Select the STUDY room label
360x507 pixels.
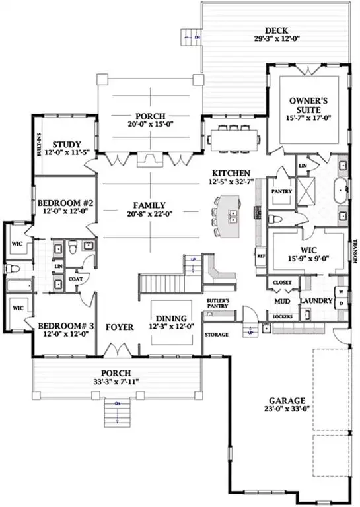(66, 145)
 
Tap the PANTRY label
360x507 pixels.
(282, 192)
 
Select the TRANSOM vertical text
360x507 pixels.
(355, 252)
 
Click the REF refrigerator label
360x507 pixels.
(260, 255)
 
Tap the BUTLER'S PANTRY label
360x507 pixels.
(217, 305)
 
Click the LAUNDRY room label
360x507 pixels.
(312, 302)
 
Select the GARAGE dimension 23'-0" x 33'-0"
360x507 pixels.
(287, 409)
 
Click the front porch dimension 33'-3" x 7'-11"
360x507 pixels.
(116, 381)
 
